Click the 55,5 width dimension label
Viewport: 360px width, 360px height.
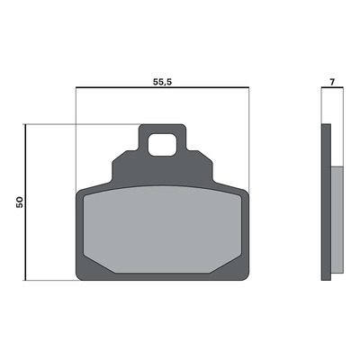(x=162, y=82)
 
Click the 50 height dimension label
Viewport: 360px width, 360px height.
(x=20, y=202)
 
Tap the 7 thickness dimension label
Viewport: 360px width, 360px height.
(x=332, y=82)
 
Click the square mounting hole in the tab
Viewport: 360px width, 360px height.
(x=162, y=145)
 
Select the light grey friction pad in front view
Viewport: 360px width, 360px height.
(x=162, y=229)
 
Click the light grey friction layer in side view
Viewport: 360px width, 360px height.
(x=337, y=220)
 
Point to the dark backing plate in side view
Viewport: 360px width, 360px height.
(x=326, y=202)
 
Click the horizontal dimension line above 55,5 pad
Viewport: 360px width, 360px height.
(x=162, y=87)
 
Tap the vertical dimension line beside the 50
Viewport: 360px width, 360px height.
(x=26, y=202)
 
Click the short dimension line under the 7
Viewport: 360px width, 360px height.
(x=332, y=87)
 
